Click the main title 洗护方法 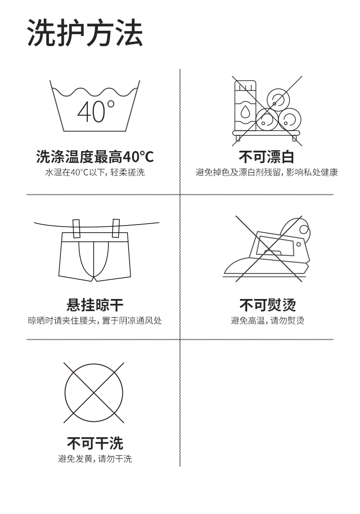[x=85, y=33]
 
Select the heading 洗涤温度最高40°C [x=95, y=156]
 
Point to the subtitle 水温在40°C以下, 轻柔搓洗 [x=95, y=172]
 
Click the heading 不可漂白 [x=266, y=156]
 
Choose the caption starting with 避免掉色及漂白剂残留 [x=266, y=172]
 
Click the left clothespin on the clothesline [x=76, y=228]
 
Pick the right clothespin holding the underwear [x=116, y=228]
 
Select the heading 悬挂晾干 [x=95, y=305]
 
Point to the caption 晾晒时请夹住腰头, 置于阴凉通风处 [x=95, y=321]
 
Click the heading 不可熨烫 [x=267, y=305]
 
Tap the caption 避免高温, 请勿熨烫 [x=267, y=321]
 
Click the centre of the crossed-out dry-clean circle [x=94, y=393]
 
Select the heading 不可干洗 [x=95, y=443]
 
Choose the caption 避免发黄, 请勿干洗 [x=95, y=459]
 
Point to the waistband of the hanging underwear [x=95, y=238]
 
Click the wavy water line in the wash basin [x=95, y=92]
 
